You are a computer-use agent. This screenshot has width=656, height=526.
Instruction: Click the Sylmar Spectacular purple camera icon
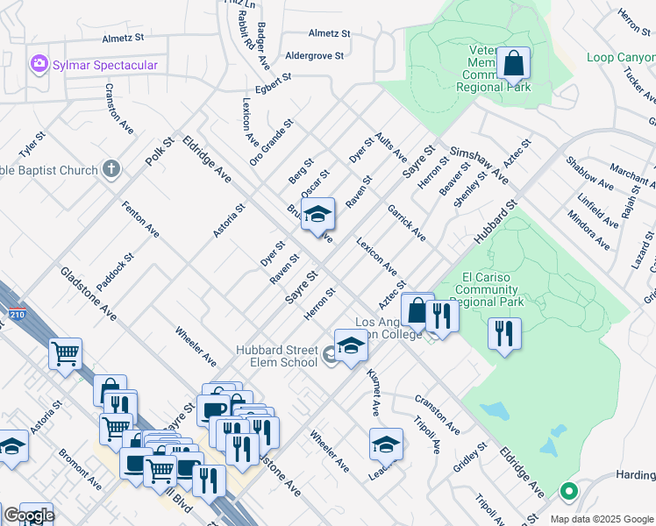pyautogui.click(x=38, y=64)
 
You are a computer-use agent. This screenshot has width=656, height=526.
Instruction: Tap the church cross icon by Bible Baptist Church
pyautogui.click(x=111, y=168)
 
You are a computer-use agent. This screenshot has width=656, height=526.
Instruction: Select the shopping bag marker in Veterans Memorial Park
pyautogui.click(x=513, y=64)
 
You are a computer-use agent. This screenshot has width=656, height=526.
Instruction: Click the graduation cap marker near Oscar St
pyautogui.click(x=317, y=214)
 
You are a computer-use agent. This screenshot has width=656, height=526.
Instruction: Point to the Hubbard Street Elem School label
pyautogui.click(x=276, y=356)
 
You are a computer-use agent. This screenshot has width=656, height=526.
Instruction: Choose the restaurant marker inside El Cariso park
pyautogui.click(x=504, y=334)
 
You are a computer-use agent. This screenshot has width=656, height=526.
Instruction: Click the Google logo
pyautogui.click(x=29, y=515)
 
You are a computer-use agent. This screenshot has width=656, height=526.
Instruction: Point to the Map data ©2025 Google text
pyautogui.click(x=601, y=518)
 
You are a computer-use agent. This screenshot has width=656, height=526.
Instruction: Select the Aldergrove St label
pyautogui.click(x=314, y=55)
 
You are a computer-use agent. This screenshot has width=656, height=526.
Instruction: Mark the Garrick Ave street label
pyautogui.click(x=408, y=224)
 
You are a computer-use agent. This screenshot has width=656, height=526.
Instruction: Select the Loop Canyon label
pyautogui.click(x=621, y=58)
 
